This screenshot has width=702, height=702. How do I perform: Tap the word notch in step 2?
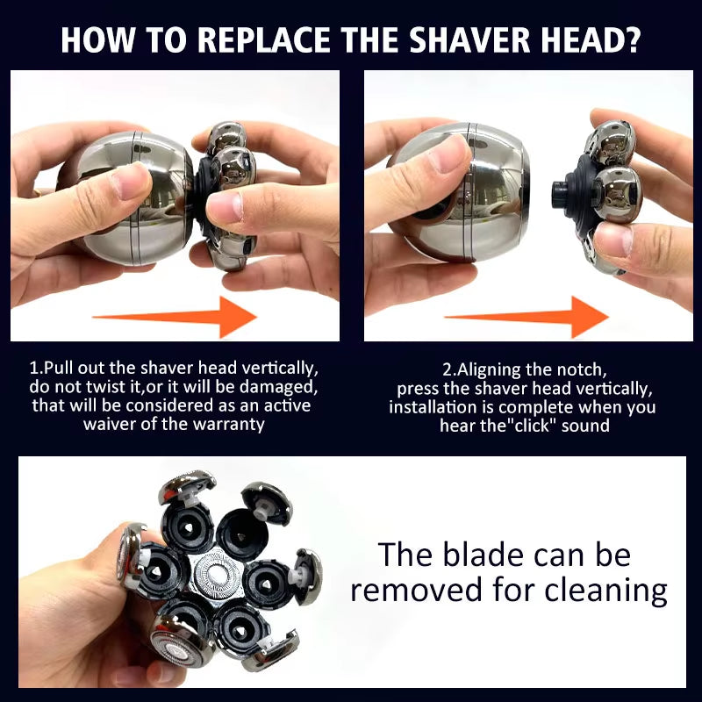tap(576, 369)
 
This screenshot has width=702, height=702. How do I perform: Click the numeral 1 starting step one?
tap(33, 369)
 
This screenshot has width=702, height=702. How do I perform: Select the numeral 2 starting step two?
tap(448, 369)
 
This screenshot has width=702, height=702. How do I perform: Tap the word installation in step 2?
tap(430, 406)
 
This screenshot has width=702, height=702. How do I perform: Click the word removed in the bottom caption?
tap(417, 590)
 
